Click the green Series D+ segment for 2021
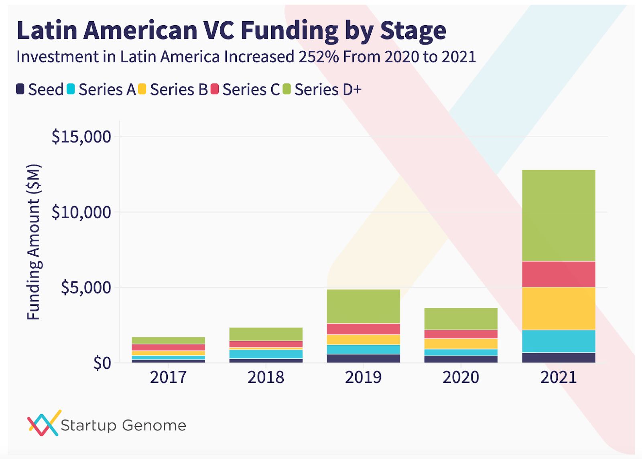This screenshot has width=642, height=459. point(558,216)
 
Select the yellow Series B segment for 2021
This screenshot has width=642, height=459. point(558,308)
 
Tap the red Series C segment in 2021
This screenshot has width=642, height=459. point(558,274)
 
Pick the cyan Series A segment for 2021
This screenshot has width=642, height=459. point(558,341)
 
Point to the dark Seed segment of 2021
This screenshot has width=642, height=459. point(558,358)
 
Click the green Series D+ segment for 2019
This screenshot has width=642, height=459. point(363,306)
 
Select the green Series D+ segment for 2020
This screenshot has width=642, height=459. point(461,319)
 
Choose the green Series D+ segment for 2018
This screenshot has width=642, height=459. point(266,334)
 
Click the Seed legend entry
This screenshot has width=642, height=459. point(40,89)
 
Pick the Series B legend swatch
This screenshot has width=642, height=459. point(142,89)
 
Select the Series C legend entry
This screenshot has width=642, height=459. point(245,89)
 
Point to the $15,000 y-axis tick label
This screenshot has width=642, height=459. point(81,137)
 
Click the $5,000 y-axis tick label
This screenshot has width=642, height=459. point(85,287)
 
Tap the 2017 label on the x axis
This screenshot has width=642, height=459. point(168,377)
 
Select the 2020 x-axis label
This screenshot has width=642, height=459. point(461,377)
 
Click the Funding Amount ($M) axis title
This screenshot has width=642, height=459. point(34,242)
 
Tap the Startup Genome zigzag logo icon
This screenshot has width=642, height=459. point(44,423)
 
